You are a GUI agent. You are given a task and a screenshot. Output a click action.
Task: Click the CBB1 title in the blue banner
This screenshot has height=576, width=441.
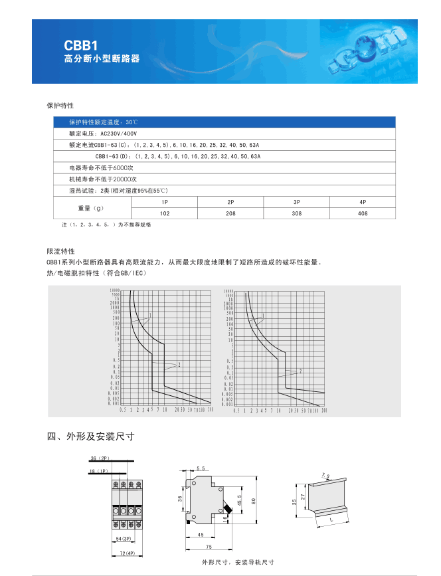pos(80,45)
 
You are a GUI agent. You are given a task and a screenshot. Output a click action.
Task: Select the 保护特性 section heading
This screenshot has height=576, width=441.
pos(60,106)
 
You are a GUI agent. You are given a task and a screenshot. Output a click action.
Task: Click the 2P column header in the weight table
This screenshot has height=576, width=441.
pos(230,201)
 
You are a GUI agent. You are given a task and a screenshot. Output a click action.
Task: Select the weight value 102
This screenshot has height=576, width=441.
pos(165,213)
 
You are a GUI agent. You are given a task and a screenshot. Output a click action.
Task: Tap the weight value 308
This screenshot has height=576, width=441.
pos(296,213)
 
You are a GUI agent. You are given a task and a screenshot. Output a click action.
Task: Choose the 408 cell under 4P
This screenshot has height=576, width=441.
pos(363,213)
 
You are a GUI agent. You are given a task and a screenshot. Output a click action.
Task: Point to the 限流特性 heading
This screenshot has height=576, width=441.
pos(60,252)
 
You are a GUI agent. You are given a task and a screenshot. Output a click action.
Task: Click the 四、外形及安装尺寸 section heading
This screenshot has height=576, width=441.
pos(91,436)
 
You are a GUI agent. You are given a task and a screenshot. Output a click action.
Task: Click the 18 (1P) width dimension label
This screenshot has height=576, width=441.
pos(98,471)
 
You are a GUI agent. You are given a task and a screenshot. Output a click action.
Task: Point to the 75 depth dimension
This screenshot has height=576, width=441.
pos(208,546)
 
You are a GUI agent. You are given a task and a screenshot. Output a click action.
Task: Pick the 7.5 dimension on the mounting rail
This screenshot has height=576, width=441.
pos(325,476)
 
